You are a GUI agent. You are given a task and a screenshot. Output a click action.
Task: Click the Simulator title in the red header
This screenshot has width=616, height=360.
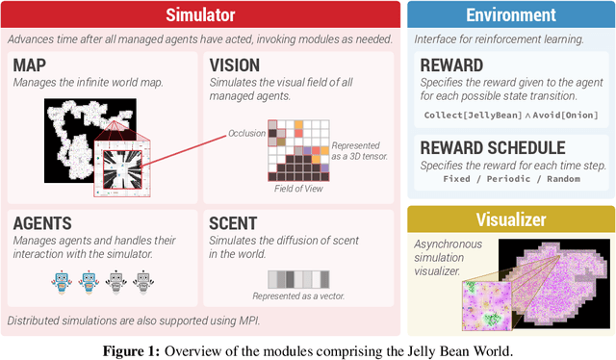199,14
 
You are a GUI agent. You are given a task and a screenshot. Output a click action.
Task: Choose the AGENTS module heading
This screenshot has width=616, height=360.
45,222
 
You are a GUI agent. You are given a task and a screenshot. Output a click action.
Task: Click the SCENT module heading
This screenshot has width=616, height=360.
237,222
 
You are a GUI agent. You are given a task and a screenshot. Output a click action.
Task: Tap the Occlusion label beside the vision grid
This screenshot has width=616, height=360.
245,133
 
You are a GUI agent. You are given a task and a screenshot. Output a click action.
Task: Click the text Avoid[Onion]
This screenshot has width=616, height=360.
562,115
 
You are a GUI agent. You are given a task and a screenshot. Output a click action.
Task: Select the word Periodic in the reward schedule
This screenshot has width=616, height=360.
507,180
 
